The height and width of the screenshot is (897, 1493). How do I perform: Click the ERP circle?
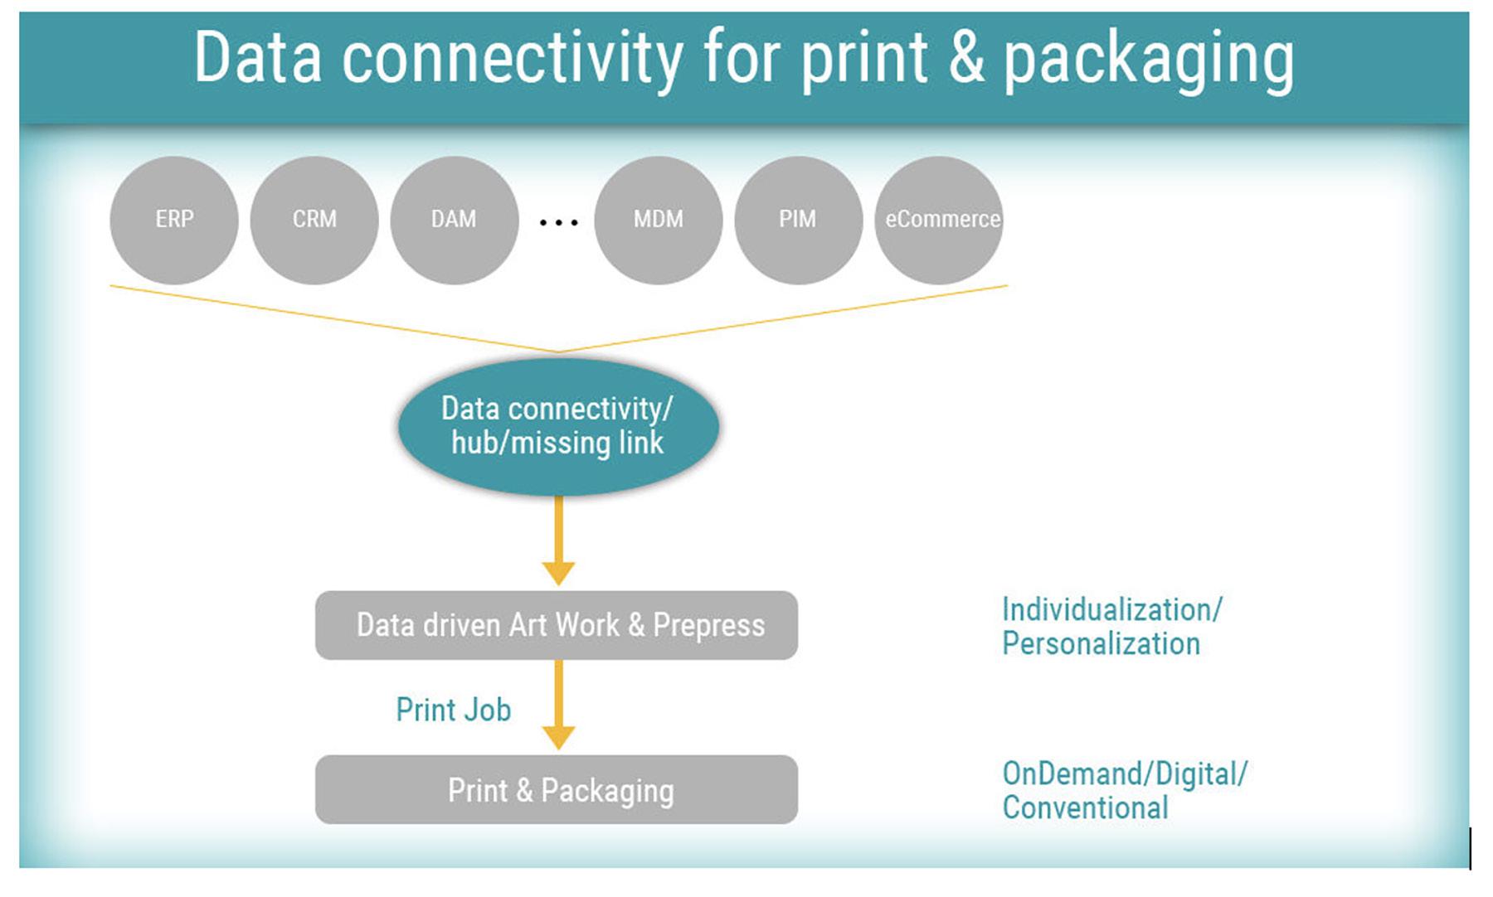pos(174,221)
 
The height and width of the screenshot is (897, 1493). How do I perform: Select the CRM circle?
pos(314,221)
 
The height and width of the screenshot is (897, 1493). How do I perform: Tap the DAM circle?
pos(455,221)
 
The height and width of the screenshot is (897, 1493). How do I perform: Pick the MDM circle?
pos(659,221)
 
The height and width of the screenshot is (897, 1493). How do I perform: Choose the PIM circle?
pos(799,221)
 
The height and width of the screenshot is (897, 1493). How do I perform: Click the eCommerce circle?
pos(939,221)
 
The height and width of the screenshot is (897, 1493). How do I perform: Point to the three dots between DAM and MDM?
pos(558,222)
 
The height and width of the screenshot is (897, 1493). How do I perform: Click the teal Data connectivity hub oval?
pos(558,426)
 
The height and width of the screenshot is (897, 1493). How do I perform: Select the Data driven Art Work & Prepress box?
pos(557,625)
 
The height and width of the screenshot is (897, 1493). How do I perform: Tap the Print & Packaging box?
pos(557,789)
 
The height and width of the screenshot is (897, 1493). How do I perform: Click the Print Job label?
pos(454,710)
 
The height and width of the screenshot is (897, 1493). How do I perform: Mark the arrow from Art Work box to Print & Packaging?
pos(558,705)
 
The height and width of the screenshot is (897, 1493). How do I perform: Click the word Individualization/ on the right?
pos(1112,610)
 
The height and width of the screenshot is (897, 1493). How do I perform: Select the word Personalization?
pos(1102,644)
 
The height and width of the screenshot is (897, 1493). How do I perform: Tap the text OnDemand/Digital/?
pos(1125,774)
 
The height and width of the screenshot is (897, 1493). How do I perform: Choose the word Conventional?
pos(1086,808)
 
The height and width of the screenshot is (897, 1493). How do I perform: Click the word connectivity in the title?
pos(513,60)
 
